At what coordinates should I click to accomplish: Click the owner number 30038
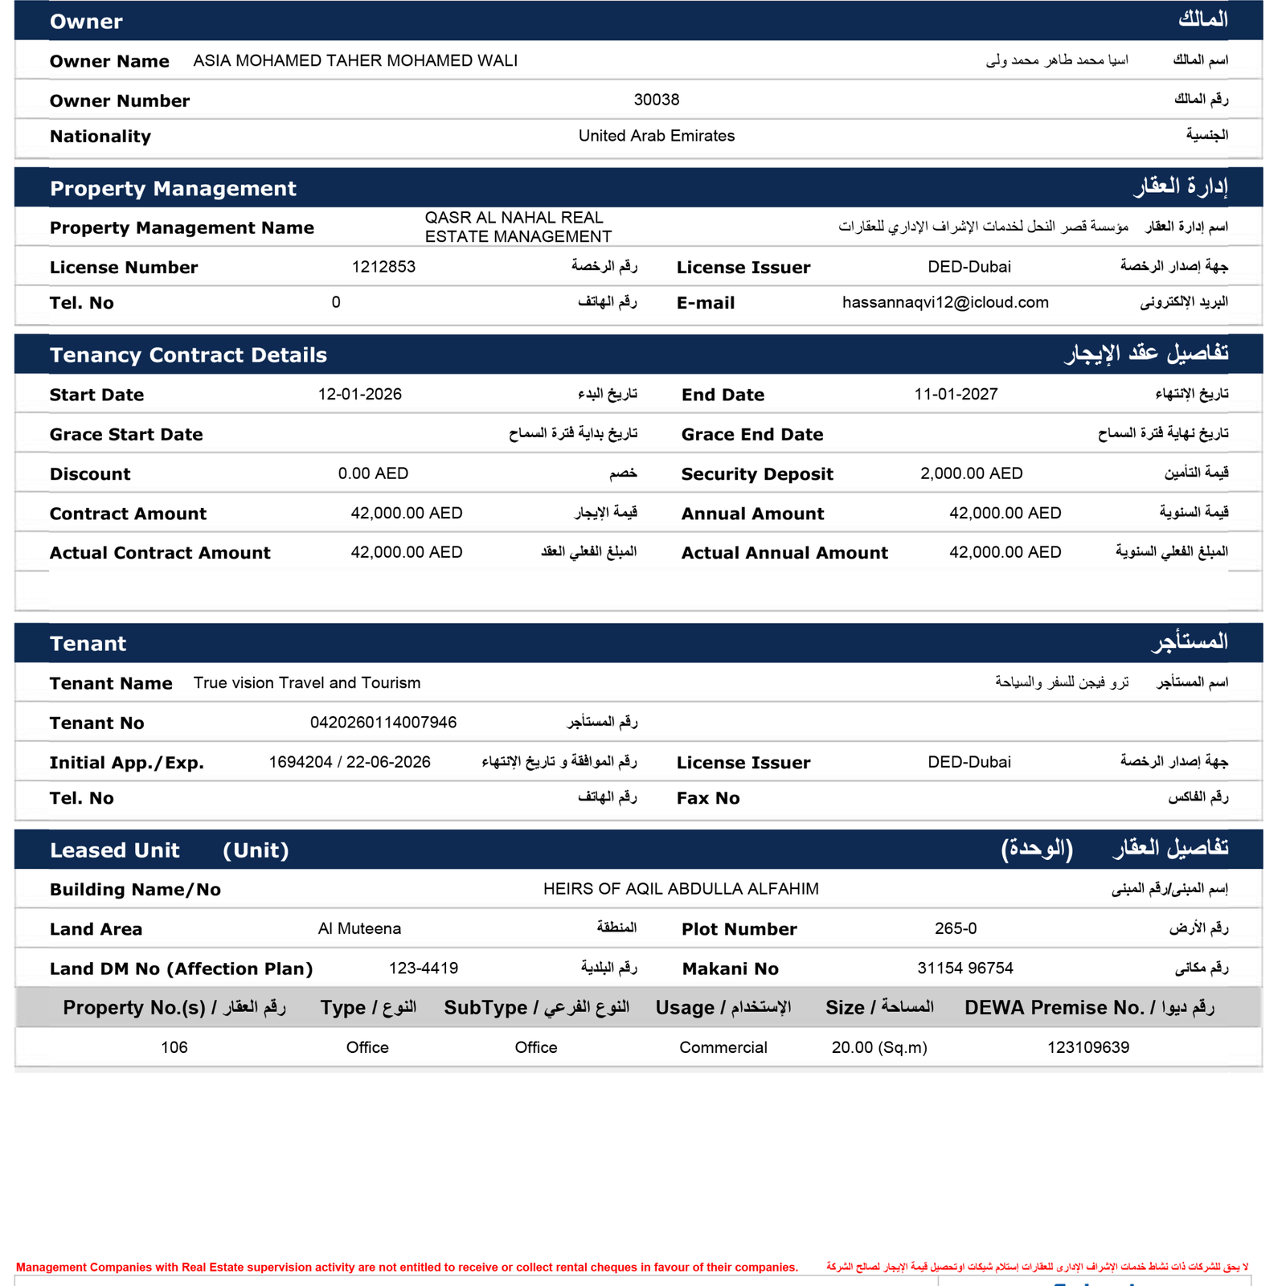click(656, 100)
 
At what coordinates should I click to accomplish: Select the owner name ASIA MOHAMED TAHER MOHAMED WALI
click(355, 61)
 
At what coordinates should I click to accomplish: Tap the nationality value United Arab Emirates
click(656, 136)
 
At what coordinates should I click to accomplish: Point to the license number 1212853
click(383, 267)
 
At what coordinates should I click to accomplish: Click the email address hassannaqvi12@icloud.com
click(945, 302)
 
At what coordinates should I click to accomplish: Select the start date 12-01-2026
click(359, 395)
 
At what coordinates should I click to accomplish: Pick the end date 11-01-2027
click(956, 395)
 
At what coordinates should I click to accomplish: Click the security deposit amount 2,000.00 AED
click(971, 473)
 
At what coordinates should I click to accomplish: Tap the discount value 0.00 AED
click(373, 473)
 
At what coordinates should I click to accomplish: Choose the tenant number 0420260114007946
click(383, 723)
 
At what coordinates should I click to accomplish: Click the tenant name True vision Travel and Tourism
click(307, 683)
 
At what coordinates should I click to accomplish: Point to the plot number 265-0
click(956, 929)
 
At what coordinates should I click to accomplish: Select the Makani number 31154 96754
click(964, 969)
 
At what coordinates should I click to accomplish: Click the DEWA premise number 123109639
click(1087, 1047)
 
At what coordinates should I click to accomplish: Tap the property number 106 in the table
click(174, 1047)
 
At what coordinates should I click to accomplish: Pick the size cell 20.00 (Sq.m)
click(879, 1047)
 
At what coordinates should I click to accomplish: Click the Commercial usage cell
click(723, 1047)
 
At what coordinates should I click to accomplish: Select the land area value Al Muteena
click(359, 929)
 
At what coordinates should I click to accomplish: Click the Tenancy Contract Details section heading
click(188, 355)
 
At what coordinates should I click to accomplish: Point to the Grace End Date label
click(752, 435)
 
